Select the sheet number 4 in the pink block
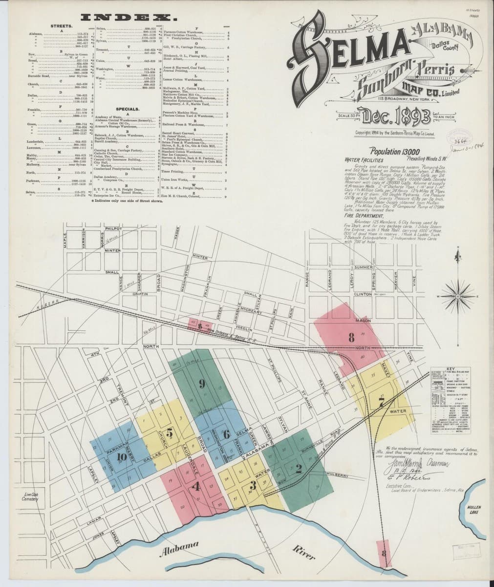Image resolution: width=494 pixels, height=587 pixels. (196, 487)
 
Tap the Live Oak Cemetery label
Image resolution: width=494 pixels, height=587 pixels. (30, 497)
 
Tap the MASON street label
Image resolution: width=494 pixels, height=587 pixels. (363, 320)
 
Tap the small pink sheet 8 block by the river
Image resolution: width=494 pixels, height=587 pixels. (385, 553)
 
